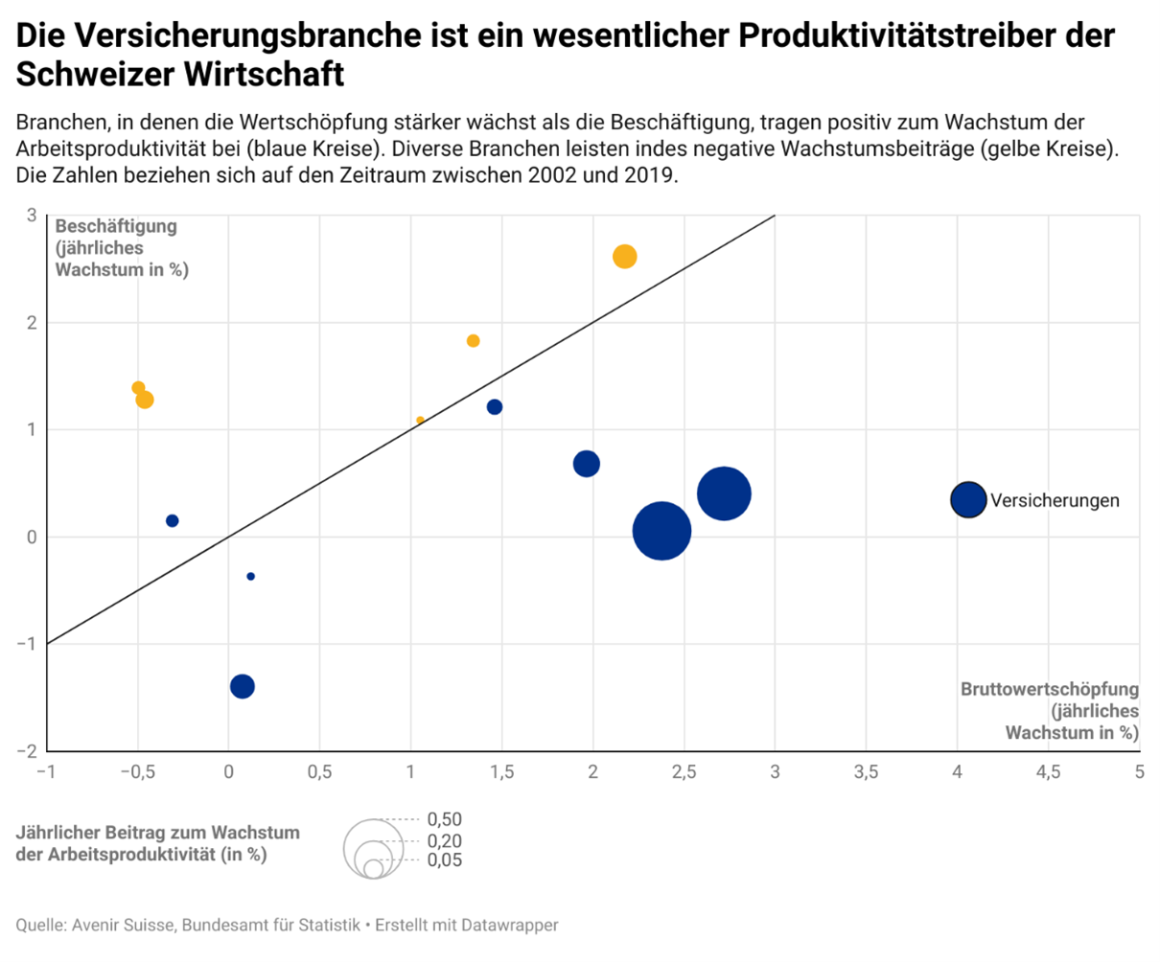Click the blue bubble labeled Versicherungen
coord(968,499)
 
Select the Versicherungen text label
coord(1055,500)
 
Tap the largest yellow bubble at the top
coord(624,256)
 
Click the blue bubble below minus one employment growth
coord(243,686)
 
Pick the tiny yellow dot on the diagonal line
coord(420,420)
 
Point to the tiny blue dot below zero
coord(250,576)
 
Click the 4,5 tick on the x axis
coord(1048,772)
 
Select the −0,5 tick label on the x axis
coord(136,772)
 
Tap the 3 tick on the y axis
coord(32,216)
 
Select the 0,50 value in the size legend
coord(444,819)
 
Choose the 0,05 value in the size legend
coord(444,859)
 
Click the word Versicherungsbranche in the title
coord(249,35)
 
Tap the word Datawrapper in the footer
coord(509,925)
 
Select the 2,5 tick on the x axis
coord(684,772)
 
